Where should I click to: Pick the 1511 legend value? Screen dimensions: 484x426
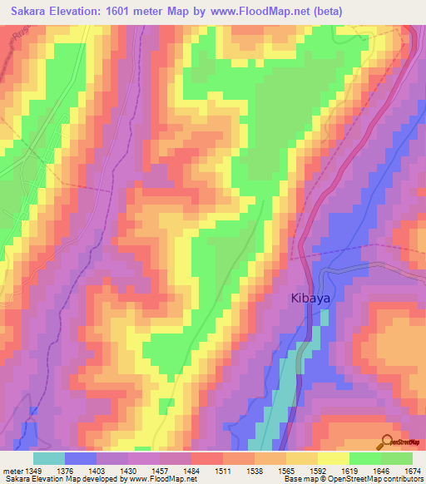click(x=222, y=471)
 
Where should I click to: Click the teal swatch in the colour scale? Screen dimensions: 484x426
click(x=49, y=458)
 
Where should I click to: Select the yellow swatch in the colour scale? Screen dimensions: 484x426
click(x=333, y=458)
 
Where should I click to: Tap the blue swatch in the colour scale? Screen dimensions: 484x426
click(x=81, y=458)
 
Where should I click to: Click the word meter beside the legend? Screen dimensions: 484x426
click(x=11, y=471)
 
